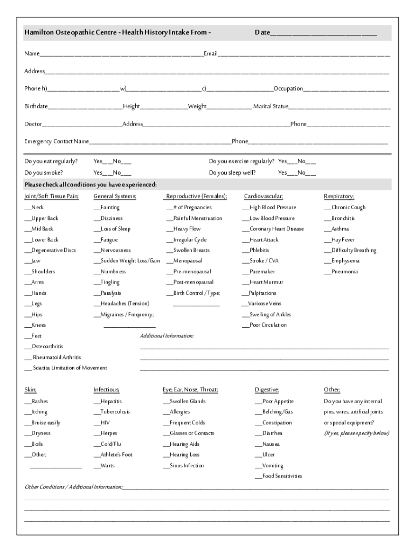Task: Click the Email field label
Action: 210,53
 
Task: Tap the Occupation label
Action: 288,88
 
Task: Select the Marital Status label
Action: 271,106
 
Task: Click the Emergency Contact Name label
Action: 57,141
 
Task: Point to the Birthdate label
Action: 36,106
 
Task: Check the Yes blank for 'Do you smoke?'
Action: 107,173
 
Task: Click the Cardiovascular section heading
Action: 263,196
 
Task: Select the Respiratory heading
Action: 338,196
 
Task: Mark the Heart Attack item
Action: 264,239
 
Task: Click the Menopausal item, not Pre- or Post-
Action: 188,261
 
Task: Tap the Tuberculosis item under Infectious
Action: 115,412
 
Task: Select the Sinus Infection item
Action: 186,465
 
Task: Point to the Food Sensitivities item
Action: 281,476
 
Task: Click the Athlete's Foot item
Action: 116,454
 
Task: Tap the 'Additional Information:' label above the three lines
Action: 167,336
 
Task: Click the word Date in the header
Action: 262,33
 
